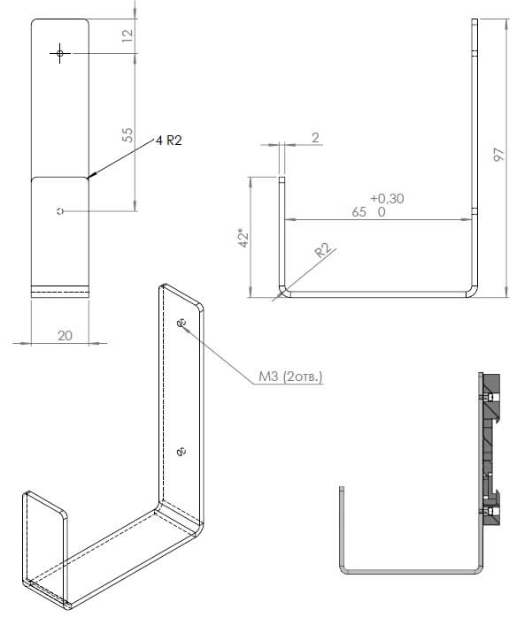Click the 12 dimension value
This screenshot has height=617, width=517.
(128, 35)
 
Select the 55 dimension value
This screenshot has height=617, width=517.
(127, 135)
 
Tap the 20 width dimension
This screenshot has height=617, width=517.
(65, 336)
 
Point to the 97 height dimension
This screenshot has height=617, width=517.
(499, 155)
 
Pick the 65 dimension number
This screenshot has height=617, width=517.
(359, 212)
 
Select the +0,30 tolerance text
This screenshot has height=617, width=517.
(387, 198)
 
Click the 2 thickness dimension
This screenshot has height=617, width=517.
(315, 138)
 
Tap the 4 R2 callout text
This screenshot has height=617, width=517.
(169, 140)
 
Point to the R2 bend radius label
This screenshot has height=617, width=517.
(323, 250)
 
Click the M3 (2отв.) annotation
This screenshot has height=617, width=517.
(290, 377)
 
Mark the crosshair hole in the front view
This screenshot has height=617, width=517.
(60, 53)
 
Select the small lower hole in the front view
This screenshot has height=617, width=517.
(60, 211)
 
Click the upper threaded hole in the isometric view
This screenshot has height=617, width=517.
(181, 323)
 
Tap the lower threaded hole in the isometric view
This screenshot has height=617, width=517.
(181, 452)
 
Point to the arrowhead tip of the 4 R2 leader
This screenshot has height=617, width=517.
(89, 178)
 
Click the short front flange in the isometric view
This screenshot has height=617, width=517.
(44, 545)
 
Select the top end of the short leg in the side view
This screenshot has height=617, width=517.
(282, 178)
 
